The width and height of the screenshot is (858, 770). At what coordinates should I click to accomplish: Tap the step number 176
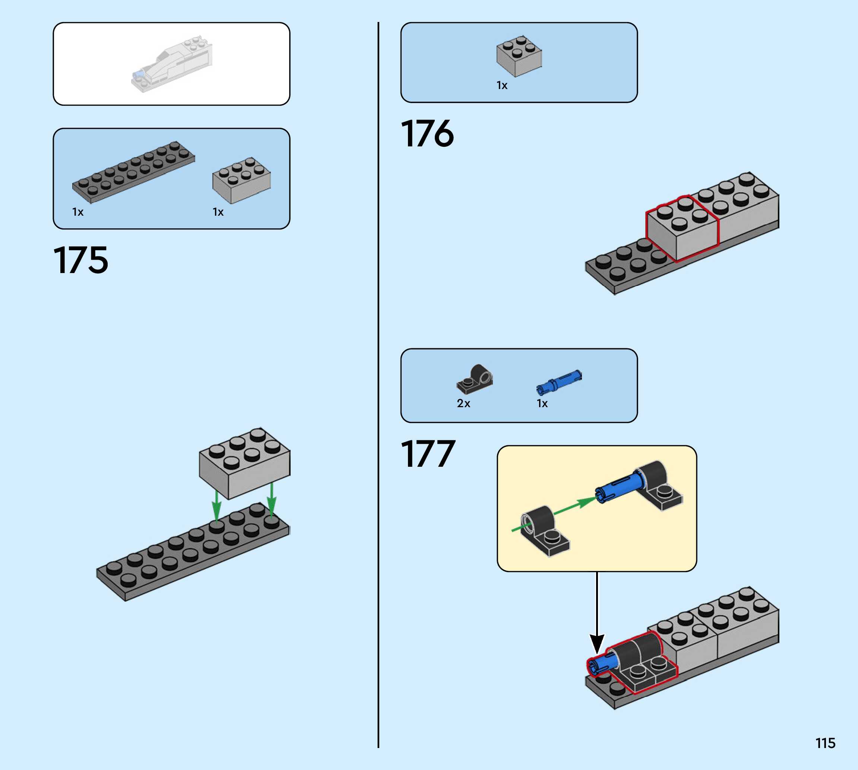(427, 134)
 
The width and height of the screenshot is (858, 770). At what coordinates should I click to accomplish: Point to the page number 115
(825, 743)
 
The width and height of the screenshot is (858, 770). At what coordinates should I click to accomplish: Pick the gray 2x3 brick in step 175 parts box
(241, 180)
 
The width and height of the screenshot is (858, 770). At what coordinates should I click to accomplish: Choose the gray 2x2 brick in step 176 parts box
(519, 56)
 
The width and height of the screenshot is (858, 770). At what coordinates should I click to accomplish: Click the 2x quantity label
(463, 403)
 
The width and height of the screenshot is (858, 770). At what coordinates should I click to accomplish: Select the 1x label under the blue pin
(542, 403)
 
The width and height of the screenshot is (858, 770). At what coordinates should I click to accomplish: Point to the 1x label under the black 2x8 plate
(78, 212)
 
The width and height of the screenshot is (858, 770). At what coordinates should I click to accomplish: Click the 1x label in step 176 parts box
(502, 85)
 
